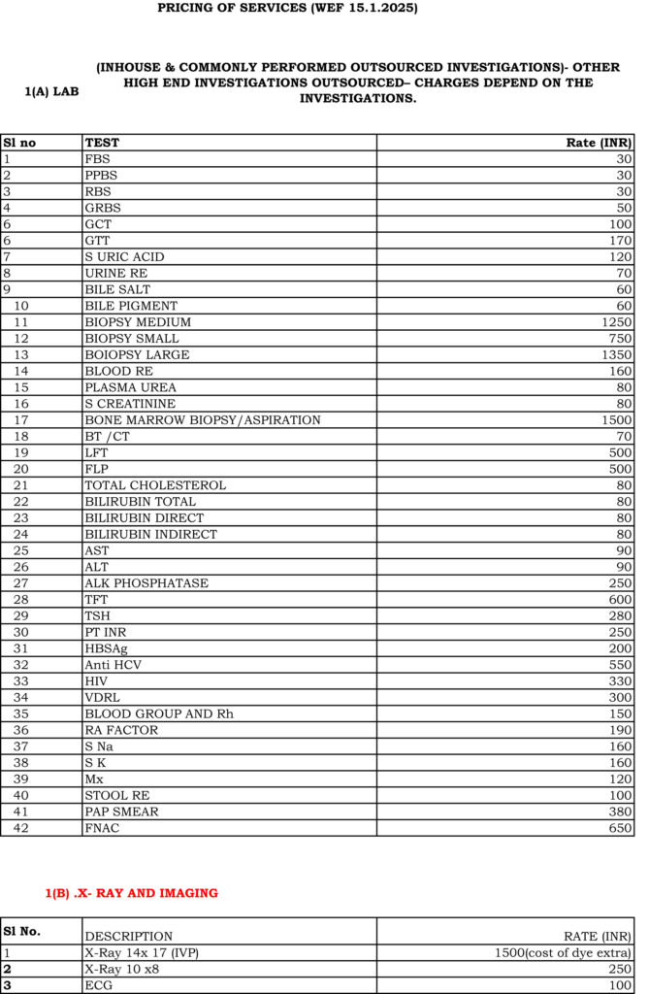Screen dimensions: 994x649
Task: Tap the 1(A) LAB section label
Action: pos(51,92)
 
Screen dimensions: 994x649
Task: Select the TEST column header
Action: pos(102,143)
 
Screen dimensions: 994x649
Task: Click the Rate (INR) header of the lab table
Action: pos(599,143)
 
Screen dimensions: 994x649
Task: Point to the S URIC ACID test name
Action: pos(124,256)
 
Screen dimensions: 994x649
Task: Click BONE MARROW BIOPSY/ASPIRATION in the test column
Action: pos(202,419)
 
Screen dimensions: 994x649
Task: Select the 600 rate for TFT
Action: pos(620,599)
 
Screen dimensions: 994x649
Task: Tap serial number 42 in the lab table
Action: pos(21,827)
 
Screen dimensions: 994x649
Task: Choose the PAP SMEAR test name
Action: pos(121,811)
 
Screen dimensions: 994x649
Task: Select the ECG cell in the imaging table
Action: pos(98,985)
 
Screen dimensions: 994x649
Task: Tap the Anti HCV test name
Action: pos(114,664)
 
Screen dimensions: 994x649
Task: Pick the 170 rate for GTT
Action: pos(620,240)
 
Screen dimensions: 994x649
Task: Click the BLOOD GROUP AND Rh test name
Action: pos(158,713)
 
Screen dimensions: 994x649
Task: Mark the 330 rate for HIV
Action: pos(620,680)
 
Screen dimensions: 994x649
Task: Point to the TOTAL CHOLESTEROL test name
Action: pos(155,484)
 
